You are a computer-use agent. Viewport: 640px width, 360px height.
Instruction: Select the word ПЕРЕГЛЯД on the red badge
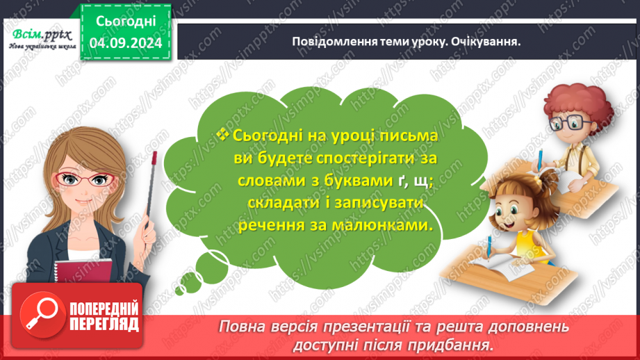coord(104,325)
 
